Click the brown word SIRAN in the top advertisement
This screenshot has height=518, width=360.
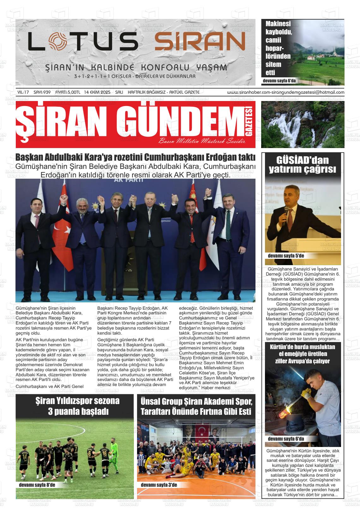point(200,42)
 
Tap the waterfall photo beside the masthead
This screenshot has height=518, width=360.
point(303,124)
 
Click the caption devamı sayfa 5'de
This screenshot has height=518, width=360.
point(286,256)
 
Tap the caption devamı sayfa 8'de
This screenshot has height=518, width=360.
point(37,485)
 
